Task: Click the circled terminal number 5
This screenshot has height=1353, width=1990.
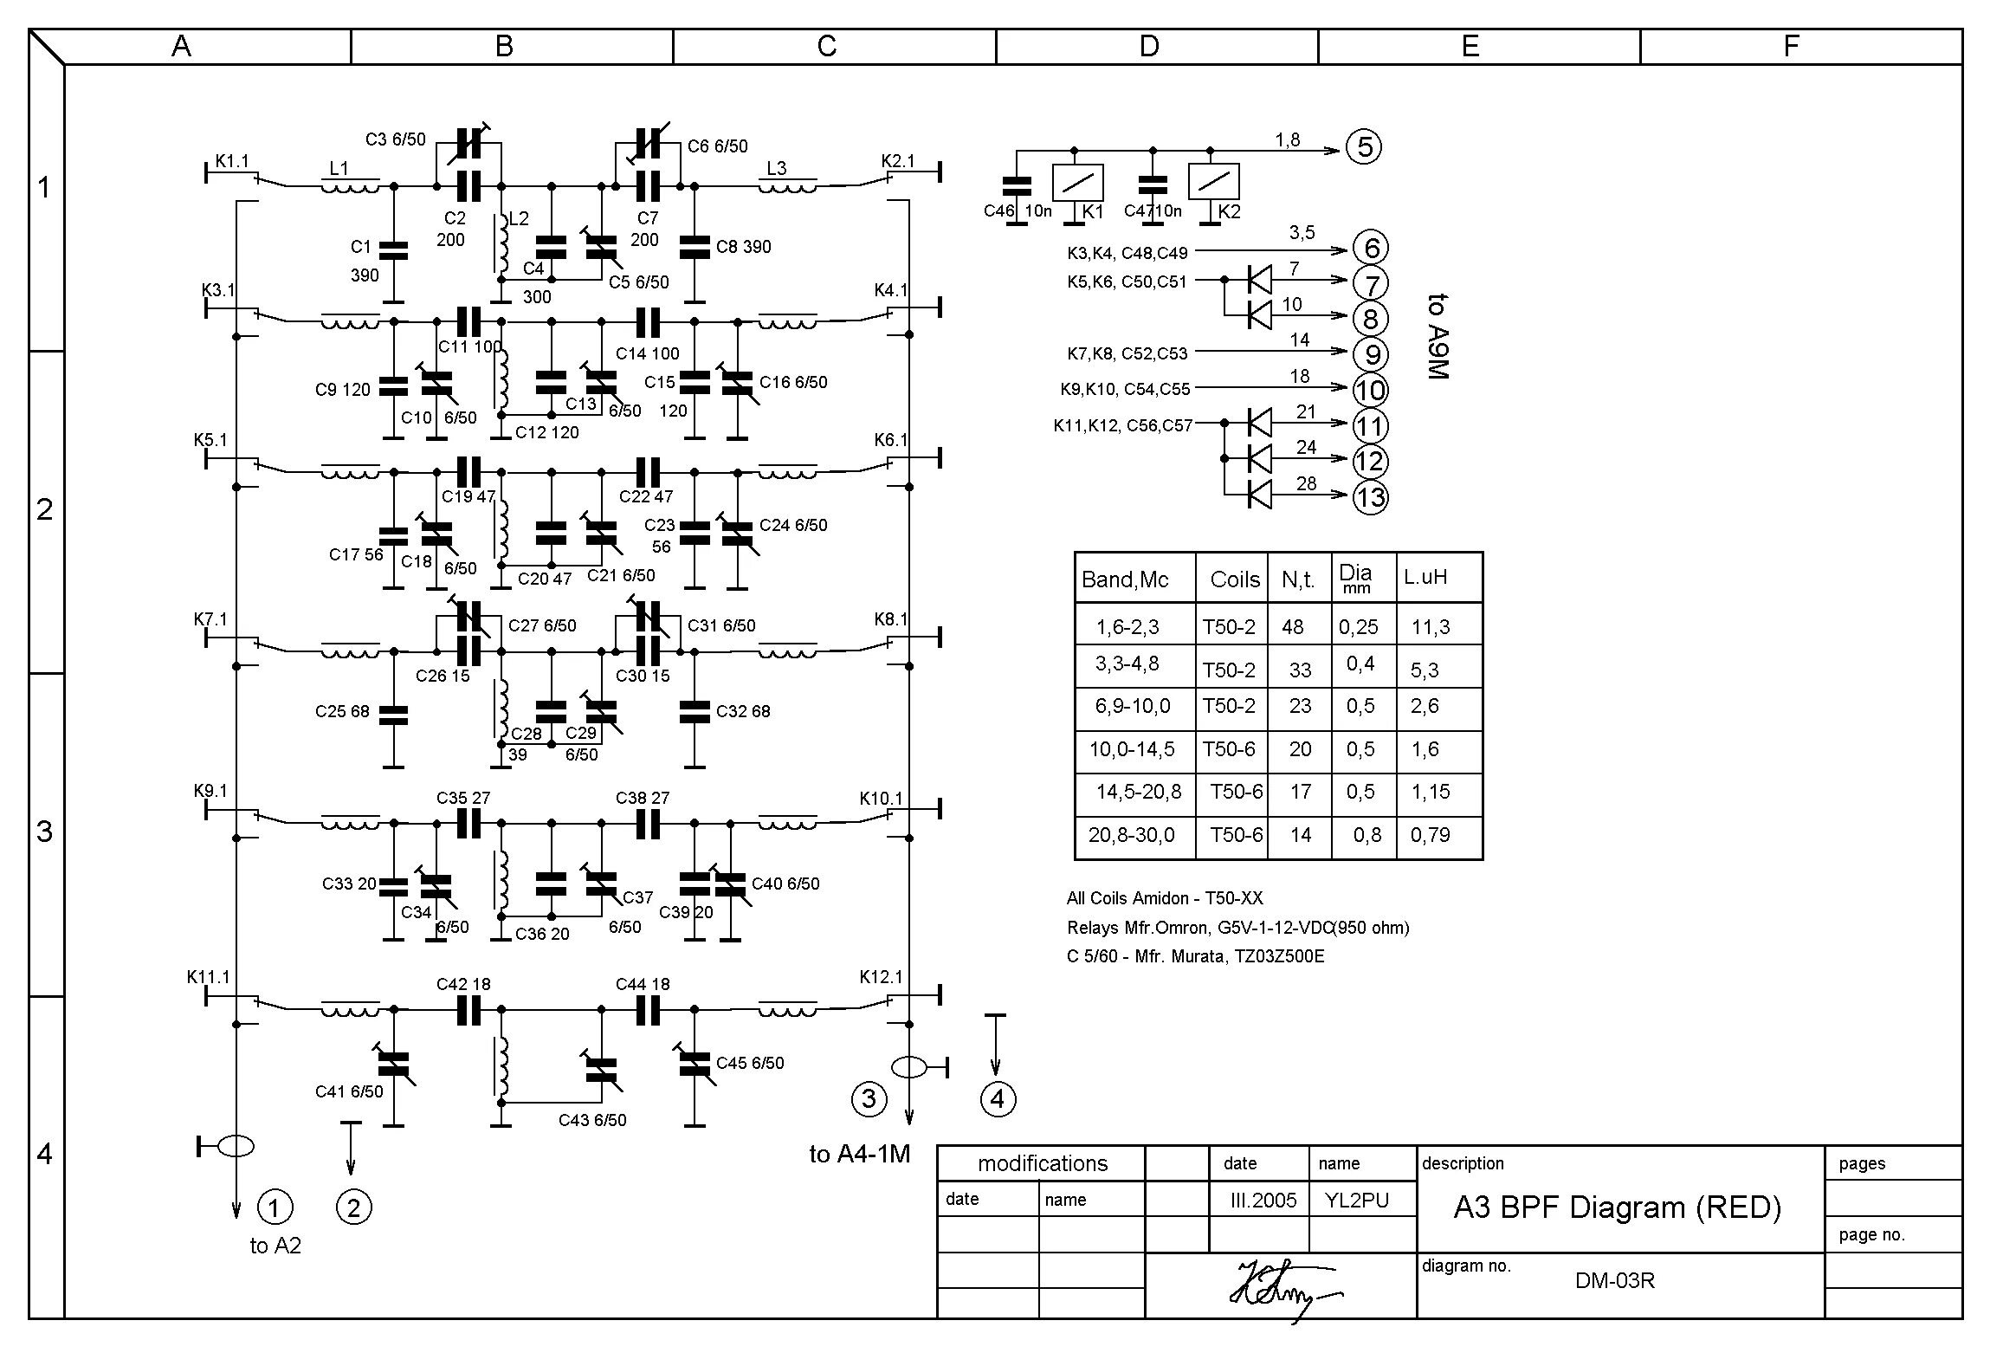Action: pyautogui.click(x=1364, y=147)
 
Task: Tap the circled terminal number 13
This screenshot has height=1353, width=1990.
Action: pyautogui.click(x=1370, y=497)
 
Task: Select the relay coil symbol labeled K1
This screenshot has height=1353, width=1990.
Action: pyautogui.click(x=1077, y=183)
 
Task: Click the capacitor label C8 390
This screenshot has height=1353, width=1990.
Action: pyautogui.click(x=743, y=247)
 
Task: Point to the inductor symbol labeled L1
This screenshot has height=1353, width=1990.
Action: pyautogui.click(x=350, y=186)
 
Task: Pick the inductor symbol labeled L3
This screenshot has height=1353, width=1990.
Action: pyautogui.click(x=787, y=186)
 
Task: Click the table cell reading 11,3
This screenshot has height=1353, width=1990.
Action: pyautogui.click(x=1430, y=626)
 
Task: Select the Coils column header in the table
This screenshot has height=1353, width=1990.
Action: pyautogui.click(x=1235, y=579)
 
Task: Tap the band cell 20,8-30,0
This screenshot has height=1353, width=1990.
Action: pyautogui.click(x=1131, y=835)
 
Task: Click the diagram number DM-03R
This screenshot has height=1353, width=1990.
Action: pyautogui.click(x=1614, y=1280)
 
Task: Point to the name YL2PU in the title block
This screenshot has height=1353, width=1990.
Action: pyautogui.click(x=1356, y=1200)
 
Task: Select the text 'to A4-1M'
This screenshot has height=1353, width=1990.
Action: pyautogui.click(x=859, y=1154)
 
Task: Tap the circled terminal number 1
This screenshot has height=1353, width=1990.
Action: pyautogui.click(x=275, y=1207)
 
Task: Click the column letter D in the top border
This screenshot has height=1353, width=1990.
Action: pyautogui.click(x=1148, y=47)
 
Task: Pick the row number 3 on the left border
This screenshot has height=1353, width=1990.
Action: pyautogui.click(x=45, y=832)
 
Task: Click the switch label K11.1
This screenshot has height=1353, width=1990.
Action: pyautogui.click(x=208, y=977)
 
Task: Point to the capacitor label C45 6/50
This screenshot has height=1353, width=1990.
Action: pyautogui.click(x=749, y=1063)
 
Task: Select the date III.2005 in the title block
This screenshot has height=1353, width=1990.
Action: pyautogui.click(x=1263, y=1200)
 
